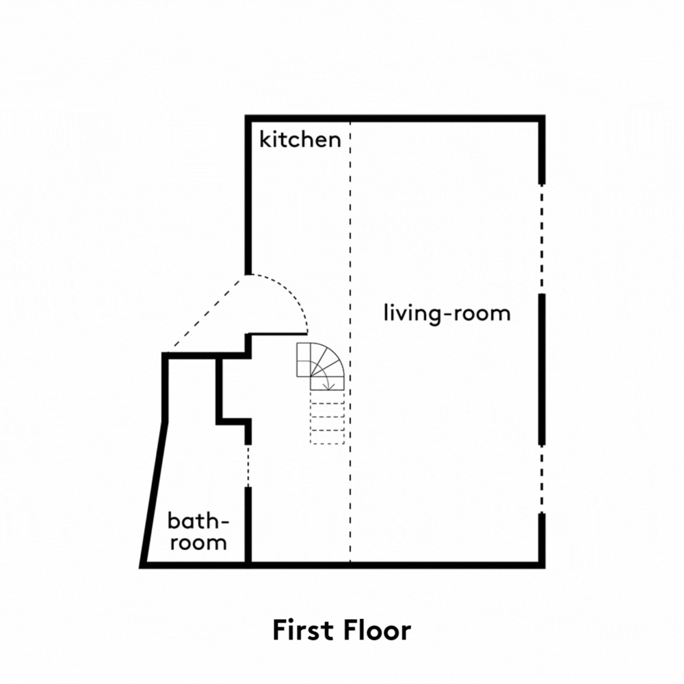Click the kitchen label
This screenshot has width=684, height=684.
(x=300, y=140)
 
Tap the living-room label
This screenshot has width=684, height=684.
(x=447, y=314)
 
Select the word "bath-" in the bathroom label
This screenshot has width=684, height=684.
(x=198, y=521)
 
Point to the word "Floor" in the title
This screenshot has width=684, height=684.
(x=378, y=630)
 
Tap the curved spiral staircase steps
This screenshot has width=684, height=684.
(x=321, y=367)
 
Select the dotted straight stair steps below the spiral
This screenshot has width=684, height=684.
(x=327, y=417)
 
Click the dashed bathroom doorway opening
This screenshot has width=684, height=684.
(x=248, y=466)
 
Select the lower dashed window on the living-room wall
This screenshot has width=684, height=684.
(x=542, y=479)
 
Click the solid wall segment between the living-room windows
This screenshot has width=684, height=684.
(x=542, y=369)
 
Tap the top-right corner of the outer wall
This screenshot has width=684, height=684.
(x=542, y=118)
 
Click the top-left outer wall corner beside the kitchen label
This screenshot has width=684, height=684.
(x=248, y=118)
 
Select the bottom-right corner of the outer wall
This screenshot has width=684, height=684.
(x=542, y=566)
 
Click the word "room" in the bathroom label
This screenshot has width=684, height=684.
(x=198, y=543)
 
